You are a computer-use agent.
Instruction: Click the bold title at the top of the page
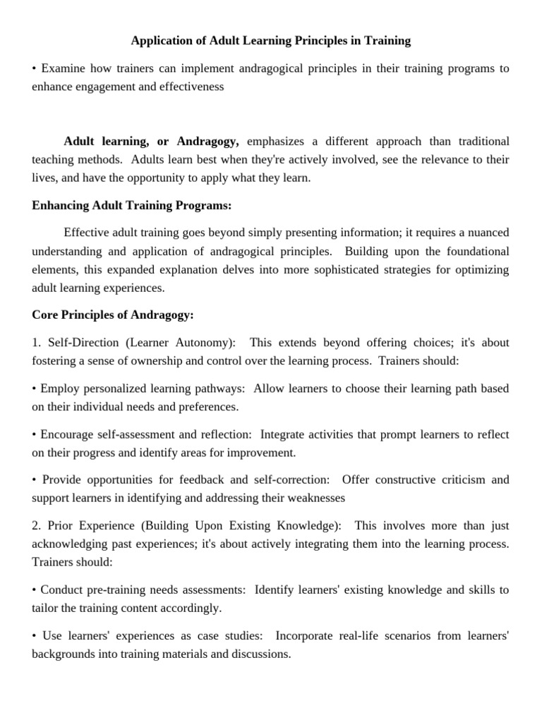(271, 41)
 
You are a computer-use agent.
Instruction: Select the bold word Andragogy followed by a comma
(209, 141)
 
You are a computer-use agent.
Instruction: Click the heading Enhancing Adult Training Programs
(132, 205)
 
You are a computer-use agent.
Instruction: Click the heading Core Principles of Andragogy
(113, 314)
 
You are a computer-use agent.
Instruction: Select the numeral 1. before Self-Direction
(37, 343)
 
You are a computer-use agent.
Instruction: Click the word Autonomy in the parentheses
(208, 343)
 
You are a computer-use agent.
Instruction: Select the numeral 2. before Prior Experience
(37, 525)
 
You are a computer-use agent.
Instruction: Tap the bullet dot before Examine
(35, 69)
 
